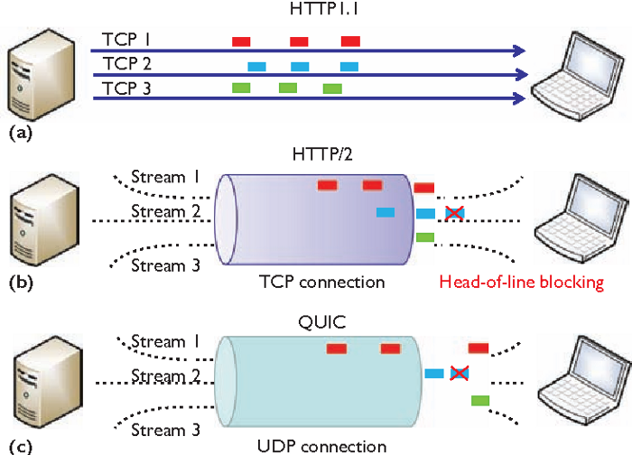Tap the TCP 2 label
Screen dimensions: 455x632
pyautogui.click(x=127, y=64)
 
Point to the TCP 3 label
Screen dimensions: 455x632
pyautogui.click(x=127, y=88)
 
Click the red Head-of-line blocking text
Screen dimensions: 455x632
pyautogui.click(x=521, y=282)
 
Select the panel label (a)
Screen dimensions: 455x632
pyautogui.click(x=19, y=132)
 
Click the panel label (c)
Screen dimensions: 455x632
pyautogui.click(x=19, y=445)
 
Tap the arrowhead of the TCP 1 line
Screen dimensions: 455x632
pyautogui.click(x=520, y=51)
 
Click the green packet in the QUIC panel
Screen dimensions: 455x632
pyautogui.click(x=479, y=399)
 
